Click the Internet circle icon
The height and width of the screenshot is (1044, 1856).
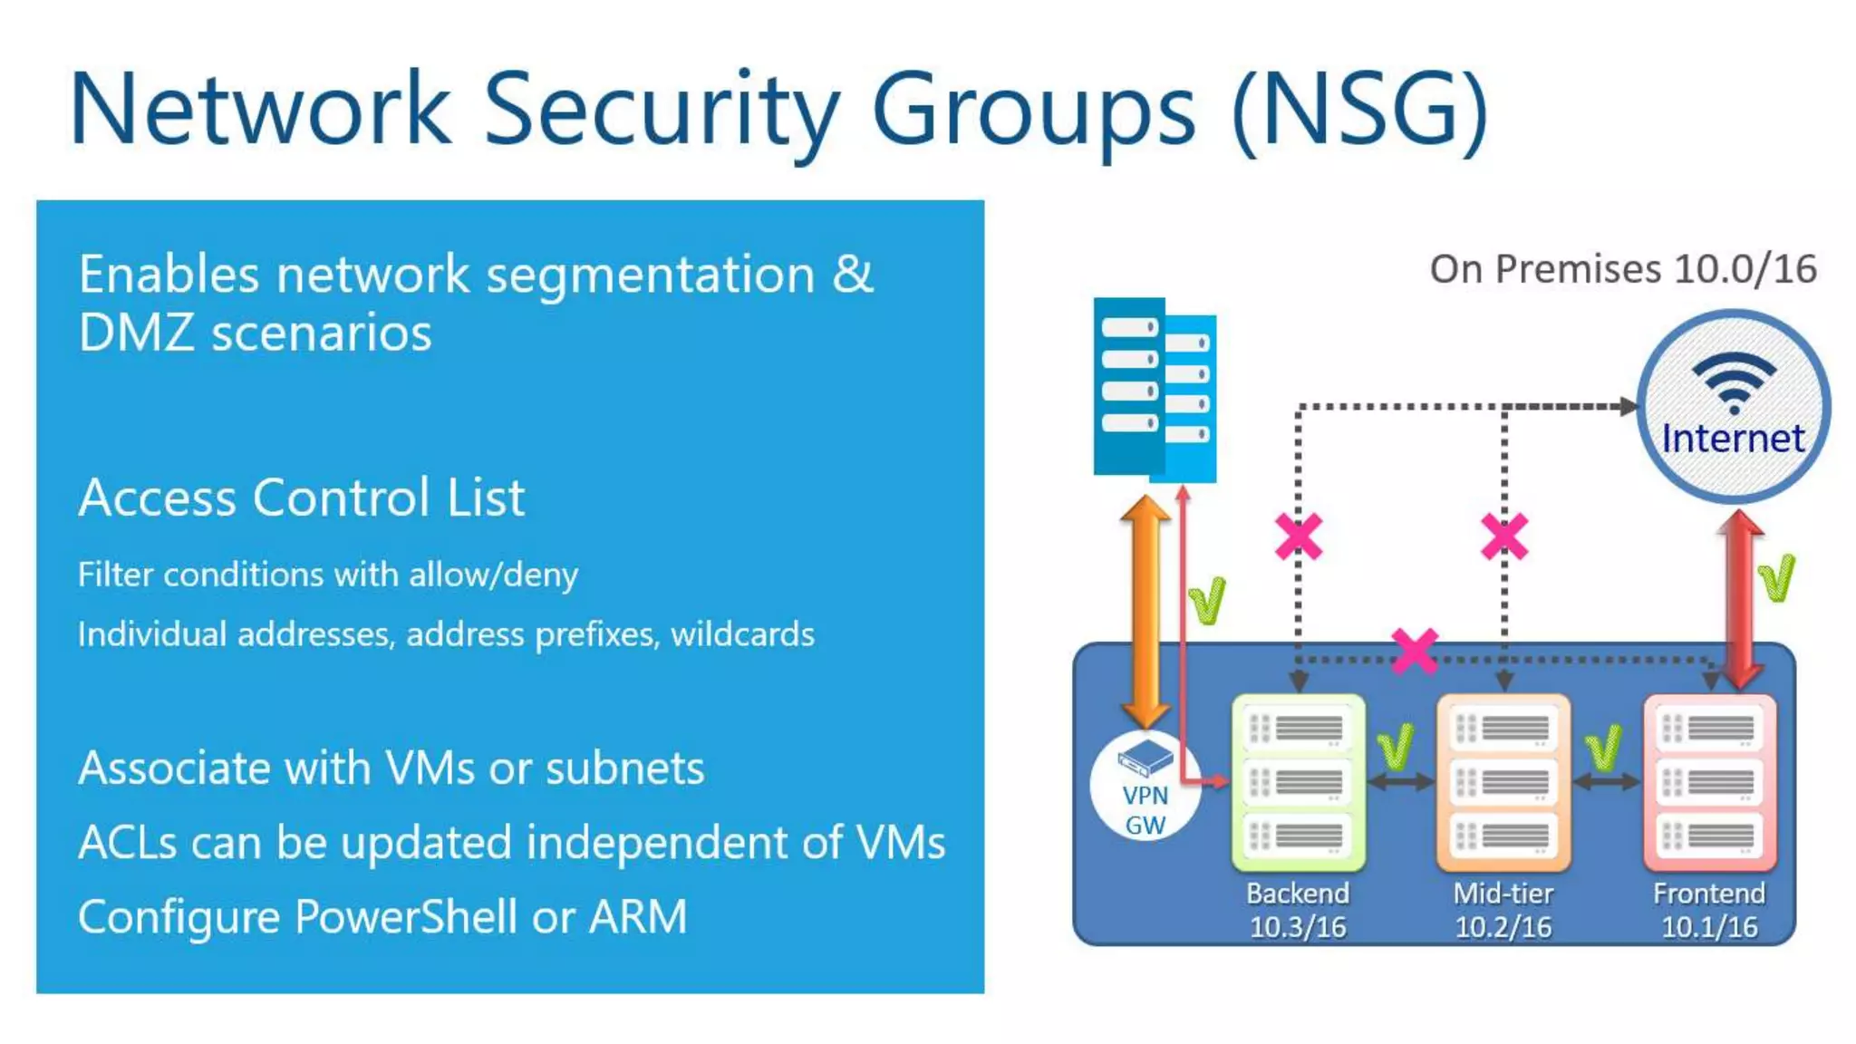[1733, 407]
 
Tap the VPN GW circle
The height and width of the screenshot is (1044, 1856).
[1145, 786]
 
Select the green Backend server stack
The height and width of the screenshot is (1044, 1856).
[1298, 781]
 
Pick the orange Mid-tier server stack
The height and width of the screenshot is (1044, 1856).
[1503, 781]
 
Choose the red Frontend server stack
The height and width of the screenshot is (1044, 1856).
[1709, 781]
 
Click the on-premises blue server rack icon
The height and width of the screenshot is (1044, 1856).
[1154, 390]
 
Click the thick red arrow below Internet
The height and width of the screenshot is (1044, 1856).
[1740, 598]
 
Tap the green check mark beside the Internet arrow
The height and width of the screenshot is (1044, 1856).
[1776, 577]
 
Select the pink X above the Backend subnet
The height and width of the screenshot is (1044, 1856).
[1298, 536]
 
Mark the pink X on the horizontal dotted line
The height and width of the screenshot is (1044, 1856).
[1415, 652]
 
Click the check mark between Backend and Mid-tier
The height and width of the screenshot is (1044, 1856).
[1396, 747]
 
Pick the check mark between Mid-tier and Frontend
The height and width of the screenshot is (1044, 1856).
[1603, 747]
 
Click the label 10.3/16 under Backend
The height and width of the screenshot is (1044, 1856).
[1298, 927]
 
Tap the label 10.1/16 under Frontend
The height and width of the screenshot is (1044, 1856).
[1709, 927]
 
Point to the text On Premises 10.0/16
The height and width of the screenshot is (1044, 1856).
[1622, 269]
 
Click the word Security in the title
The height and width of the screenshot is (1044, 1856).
[662, 111]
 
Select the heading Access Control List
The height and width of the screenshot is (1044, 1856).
[302, 498]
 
